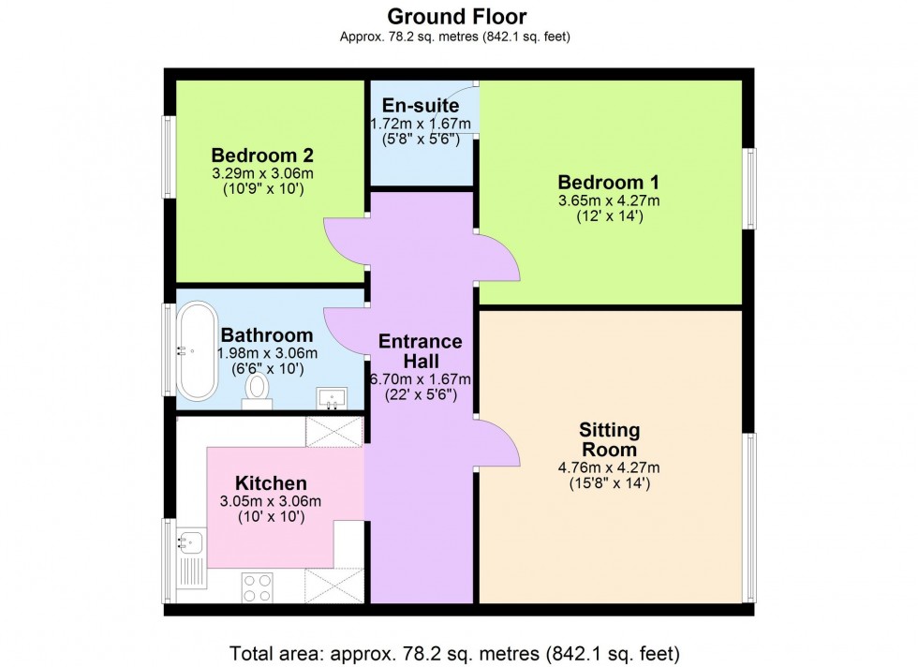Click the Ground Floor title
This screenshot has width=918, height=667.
pyautogui.click(x=457, y=16)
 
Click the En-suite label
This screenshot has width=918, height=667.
pyautogui.click(x=421, y=106)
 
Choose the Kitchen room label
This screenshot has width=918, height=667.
pyautogui.click(x=271, y=483)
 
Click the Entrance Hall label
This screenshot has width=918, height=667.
pyautogui.click(x=420, y=350)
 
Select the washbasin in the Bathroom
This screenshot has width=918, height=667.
pyautogui.click(x=331, y=400)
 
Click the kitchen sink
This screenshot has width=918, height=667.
pyautogui.click(x=189, y=541)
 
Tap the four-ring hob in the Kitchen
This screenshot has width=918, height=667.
pyautogui.click(x=257, y=586)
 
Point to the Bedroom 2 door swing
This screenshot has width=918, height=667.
pyautogui.click(x=344, y=241)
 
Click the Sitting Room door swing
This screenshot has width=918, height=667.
pyautogui.click(x=497, y=443)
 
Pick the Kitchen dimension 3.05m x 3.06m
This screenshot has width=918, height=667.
pyautogui.click(x=271, y=501)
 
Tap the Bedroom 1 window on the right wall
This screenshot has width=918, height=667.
pyautogui.click(x=749, y=188)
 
